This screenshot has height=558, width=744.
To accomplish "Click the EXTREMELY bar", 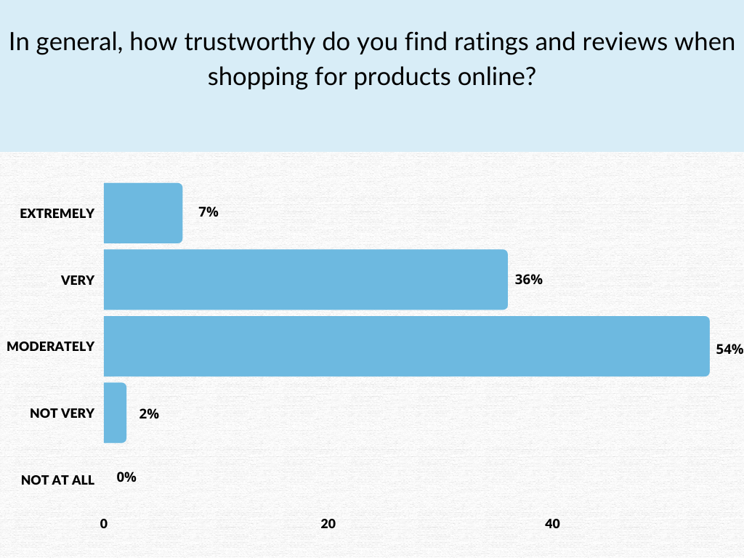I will (143, 213).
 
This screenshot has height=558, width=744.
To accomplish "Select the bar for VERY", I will (305, 280).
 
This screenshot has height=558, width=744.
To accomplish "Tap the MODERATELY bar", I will (406, 346).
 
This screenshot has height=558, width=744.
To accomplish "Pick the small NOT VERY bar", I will (115, 413).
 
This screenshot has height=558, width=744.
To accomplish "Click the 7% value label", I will (208, 213).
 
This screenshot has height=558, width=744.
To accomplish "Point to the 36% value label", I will (528, 280).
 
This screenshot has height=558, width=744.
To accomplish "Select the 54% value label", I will (729, 349).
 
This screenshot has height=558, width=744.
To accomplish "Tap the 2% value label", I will (148, 414).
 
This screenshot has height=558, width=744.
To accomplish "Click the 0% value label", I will (126, 477).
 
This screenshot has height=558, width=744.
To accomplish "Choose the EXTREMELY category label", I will (57, 214).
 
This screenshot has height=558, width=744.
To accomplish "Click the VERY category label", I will (78, 280).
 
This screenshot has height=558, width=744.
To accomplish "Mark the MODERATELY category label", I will (51, 347).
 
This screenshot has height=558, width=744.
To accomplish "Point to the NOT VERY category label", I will (62, 413).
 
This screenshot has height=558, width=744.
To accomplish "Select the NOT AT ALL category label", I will (58, 480).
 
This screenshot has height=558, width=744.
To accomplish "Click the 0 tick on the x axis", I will (104, 524).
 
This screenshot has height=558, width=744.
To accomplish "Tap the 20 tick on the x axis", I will (328, 524).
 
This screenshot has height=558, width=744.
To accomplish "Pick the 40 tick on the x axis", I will (552, 524).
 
